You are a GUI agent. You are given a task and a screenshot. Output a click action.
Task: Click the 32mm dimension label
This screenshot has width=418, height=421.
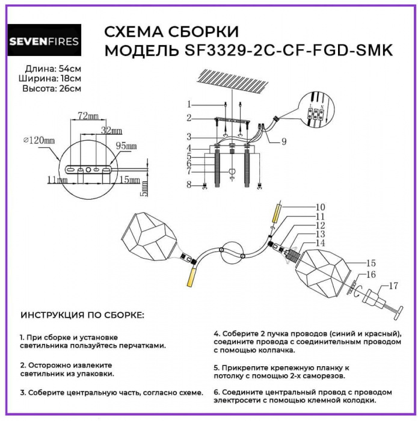pos(111,130)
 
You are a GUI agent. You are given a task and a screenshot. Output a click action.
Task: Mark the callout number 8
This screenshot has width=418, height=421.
pos(188,185)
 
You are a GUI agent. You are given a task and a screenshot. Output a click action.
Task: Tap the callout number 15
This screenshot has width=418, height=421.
pos(371,263)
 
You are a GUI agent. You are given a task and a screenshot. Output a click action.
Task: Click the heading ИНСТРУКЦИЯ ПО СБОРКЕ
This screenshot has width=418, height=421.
pos(82,315)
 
